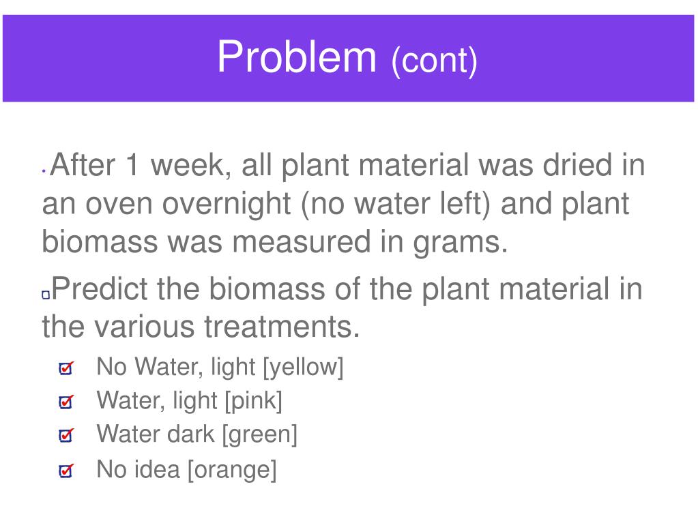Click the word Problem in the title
297,57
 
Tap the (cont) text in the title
435,61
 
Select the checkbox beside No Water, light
66,368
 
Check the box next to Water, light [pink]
66,401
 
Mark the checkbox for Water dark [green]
66,434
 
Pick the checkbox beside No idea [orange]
66,470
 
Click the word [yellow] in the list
303,368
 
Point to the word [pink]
253,401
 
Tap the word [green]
259,434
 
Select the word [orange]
232,470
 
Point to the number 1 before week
132,164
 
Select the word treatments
282,327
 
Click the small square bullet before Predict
46,295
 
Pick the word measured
302,242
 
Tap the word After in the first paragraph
83,164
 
